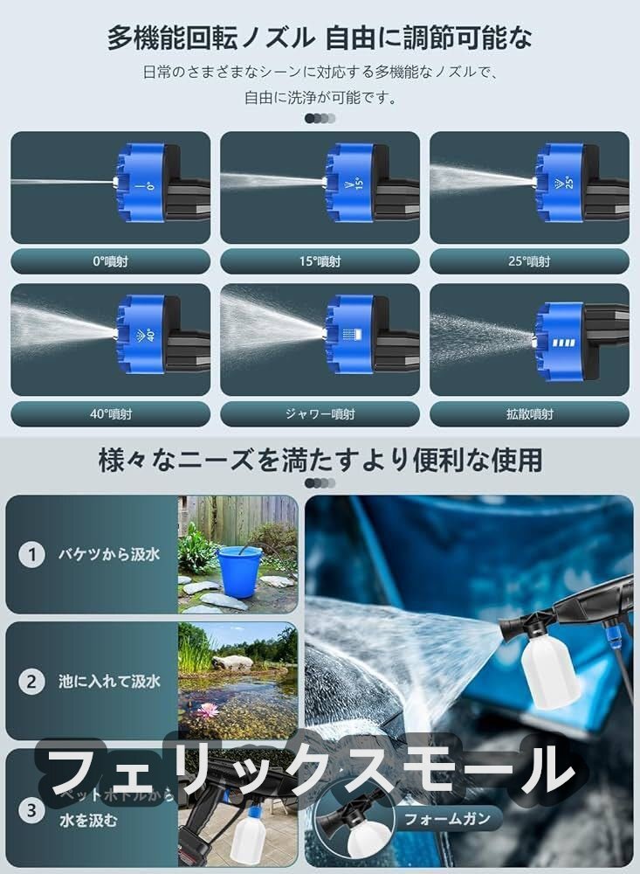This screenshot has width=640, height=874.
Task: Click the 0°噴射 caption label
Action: [111, 261]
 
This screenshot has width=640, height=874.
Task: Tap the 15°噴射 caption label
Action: [320, 261]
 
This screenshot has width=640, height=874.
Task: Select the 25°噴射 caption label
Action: [529, 261]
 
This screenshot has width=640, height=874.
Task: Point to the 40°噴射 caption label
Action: [111, 414]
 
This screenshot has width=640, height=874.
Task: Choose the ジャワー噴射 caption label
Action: [320, 414]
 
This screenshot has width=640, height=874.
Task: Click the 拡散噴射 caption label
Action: [529, 414]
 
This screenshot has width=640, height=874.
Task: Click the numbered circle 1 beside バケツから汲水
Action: [31, 554]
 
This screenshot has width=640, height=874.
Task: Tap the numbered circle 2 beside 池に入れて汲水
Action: [31, 682]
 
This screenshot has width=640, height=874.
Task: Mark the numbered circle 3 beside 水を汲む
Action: [31, 810]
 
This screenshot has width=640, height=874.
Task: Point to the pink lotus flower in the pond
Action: [207, 710]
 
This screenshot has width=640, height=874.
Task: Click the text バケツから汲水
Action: [109, 554]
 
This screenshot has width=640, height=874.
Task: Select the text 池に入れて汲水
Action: [109, 682]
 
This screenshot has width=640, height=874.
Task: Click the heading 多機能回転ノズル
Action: [210, 38]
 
